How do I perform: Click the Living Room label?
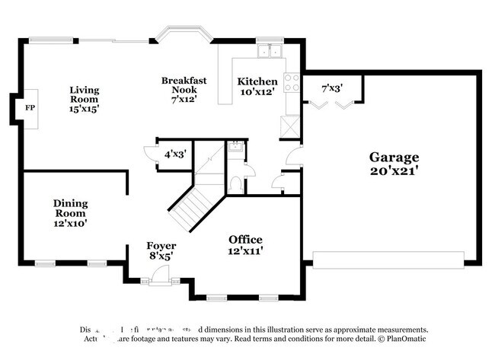pos(85,99)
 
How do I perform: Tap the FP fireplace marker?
pos(30,108)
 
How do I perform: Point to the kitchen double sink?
pos(269,52)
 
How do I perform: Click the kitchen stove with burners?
pos(292,82)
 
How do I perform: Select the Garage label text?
pos(394,158)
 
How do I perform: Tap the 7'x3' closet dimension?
pos(332,88)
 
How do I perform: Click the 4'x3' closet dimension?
pos(175,154)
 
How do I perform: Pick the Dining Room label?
pos(70,213)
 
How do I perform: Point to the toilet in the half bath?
pos(235,183)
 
